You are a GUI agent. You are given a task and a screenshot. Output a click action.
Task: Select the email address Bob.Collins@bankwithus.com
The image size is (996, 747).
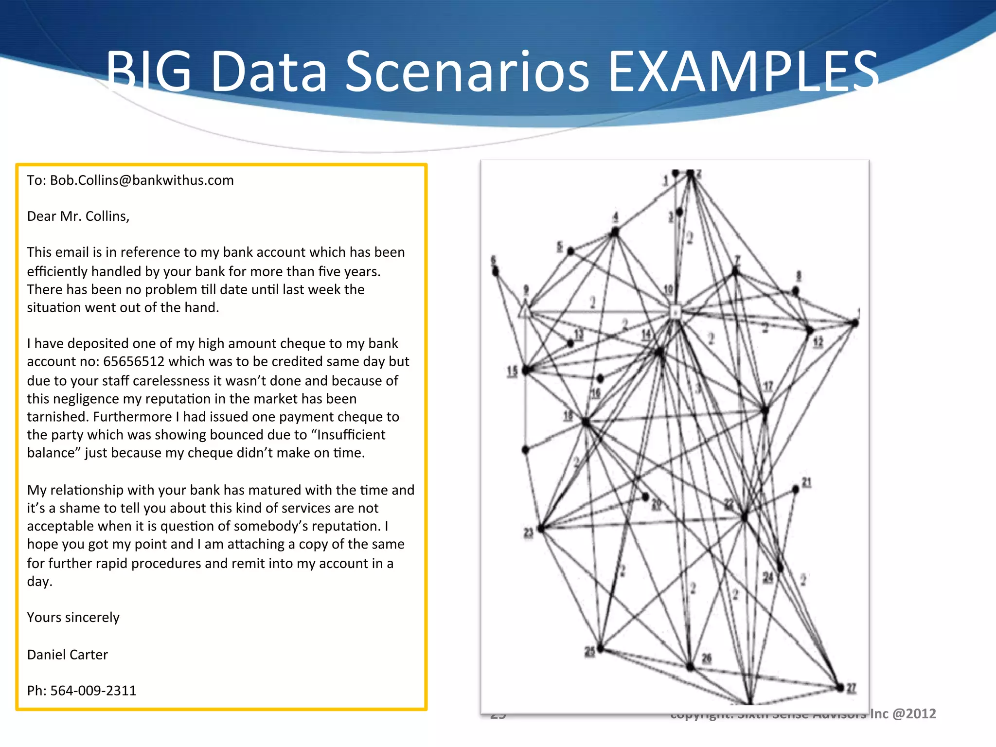tap(142, 180)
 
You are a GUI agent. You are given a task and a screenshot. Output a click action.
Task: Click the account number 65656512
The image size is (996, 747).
tap(134, 362)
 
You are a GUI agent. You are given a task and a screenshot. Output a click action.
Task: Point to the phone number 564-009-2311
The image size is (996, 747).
tap(93, 691)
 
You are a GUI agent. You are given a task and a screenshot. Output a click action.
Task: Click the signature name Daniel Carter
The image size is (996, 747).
tap(67, 655)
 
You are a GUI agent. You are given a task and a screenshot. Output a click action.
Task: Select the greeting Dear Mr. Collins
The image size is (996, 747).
tap(78, 216)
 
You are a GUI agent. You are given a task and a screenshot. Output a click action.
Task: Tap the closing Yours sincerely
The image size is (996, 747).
tap(73, 618)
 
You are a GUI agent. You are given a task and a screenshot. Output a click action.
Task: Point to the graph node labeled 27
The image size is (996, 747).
tap(840, 687)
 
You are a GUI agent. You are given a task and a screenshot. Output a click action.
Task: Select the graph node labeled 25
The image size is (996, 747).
tap(601, 648)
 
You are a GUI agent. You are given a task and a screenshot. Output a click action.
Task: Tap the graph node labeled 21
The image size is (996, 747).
tap(796, 489)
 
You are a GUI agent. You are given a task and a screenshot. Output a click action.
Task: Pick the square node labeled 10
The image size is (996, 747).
tap(675, 312)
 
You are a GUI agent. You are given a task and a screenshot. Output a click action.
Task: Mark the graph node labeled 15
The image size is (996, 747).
tap(526, 371)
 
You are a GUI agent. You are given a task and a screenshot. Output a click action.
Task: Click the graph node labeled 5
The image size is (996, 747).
tap(571, 251)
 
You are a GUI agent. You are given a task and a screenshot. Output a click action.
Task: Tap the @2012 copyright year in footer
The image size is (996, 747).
tap(914, 713)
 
